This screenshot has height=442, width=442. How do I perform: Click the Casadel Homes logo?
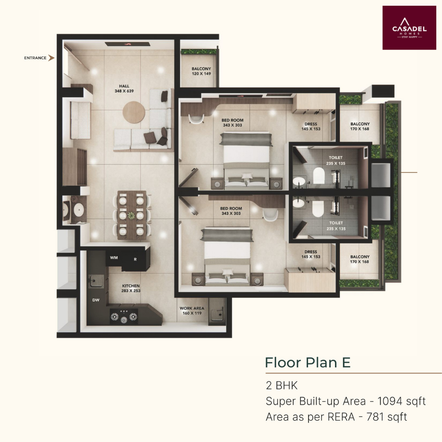409,28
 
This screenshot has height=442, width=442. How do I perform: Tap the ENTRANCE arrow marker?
51,58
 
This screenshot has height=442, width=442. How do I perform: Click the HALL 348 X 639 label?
124,88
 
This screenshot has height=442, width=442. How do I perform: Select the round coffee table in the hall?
134,112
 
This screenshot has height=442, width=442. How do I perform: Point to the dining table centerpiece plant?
131,216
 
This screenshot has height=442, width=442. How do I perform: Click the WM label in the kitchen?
114,258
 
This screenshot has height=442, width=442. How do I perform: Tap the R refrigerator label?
135,259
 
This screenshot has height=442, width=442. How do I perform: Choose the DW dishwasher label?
96,300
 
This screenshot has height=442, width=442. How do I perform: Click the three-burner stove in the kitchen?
124,316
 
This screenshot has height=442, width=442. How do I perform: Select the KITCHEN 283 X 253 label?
131,288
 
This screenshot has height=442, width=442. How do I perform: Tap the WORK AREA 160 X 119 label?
192,311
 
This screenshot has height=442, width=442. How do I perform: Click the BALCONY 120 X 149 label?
201,71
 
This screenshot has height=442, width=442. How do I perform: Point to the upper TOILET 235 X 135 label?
336,160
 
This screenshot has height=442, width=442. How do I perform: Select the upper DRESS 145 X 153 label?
311,126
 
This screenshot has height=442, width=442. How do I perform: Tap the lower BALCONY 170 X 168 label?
360,259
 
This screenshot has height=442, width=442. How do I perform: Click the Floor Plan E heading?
308,362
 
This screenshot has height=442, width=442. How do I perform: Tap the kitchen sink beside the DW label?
96,281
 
